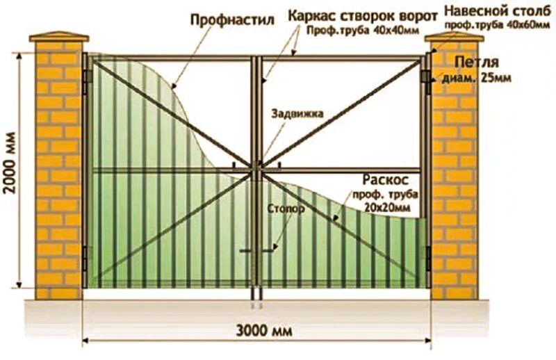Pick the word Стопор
click(x=284, y=207)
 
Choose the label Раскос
click(x=382, y=178)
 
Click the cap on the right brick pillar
click(x=455, y=35)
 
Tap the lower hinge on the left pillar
click(x=86, y=257)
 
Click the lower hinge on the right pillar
click(x=427, y=256)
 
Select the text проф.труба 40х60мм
click(x=494, y=25)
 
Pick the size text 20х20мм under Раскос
click(x=381, y=207)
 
